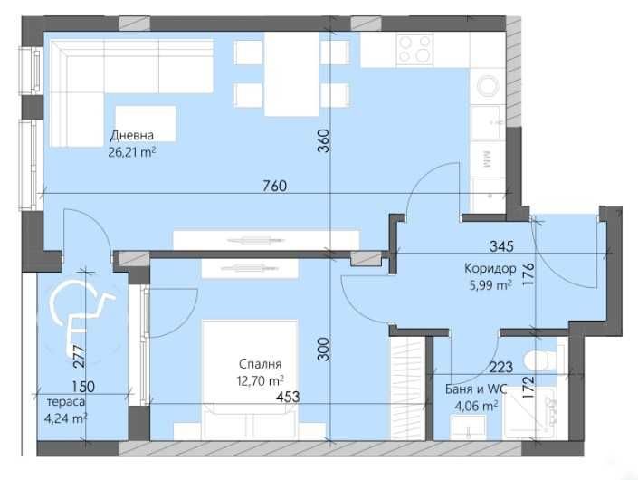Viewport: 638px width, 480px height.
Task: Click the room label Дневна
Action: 132,137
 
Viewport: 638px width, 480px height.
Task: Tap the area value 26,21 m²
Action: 132,152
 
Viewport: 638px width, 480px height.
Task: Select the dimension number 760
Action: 274,187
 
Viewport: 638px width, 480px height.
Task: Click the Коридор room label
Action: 490,268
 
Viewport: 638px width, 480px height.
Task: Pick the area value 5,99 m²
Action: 490,284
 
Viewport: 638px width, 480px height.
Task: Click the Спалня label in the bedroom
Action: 256,364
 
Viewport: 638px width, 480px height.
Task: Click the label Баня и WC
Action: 476,390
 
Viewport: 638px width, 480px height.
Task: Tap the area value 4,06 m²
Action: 476,407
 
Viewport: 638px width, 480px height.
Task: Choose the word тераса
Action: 68,401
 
